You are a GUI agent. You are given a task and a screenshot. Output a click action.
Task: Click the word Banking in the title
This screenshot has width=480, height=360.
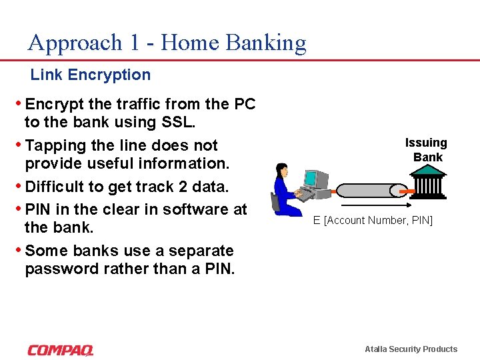(x=266, y=43)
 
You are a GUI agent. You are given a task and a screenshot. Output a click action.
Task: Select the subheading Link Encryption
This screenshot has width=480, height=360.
(x=91, y=75)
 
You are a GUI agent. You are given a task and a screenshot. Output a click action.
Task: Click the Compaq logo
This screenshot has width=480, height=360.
(x=61, y=350)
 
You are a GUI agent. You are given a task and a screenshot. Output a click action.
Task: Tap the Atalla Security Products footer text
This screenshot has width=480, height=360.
(x=411, y=349)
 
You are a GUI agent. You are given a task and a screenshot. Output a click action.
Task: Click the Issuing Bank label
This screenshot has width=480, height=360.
(x=427, y=150)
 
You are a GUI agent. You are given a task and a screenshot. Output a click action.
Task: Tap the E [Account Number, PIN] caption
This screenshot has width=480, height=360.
(x=373, y=220)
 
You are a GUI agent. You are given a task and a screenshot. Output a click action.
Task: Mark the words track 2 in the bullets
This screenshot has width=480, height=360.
(x=153, y=187)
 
